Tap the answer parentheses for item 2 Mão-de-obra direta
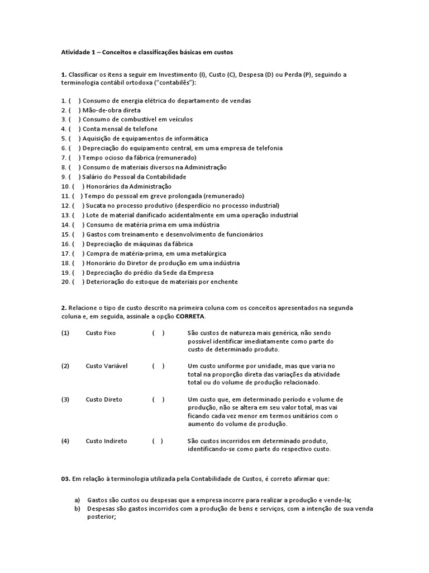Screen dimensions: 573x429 coord(74,110)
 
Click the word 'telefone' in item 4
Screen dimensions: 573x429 coord(146,129)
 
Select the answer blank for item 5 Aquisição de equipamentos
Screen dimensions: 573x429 coord(74,138)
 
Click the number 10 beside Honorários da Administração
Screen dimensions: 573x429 coord(64,186)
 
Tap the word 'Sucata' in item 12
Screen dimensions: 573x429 coord(96,205)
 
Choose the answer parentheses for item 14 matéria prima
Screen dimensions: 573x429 coord(78,224)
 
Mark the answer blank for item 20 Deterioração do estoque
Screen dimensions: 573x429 coord(78,281)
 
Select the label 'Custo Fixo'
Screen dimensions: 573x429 coord(101,333)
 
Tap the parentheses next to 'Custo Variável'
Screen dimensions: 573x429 coord(158,366)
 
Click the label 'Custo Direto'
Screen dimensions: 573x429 coord(104,400)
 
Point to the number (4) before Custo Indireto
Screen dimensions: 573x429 coord(65,441)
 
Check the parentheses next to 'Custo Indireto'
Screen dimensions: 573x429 coord(158,441)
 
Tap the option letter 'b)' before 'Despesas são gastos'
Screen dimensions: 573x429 coord(78,509)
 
